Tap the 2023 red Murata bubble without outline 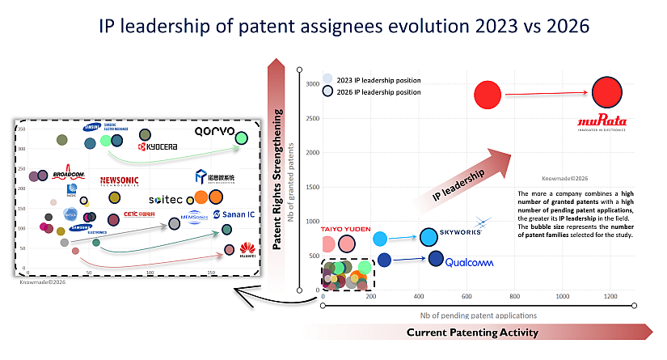[488, 95]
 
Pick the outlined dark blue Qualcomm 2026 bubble [436, 259]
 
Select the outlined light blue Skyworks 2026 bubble [428, 237]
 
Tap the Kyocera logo [158, 147]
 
